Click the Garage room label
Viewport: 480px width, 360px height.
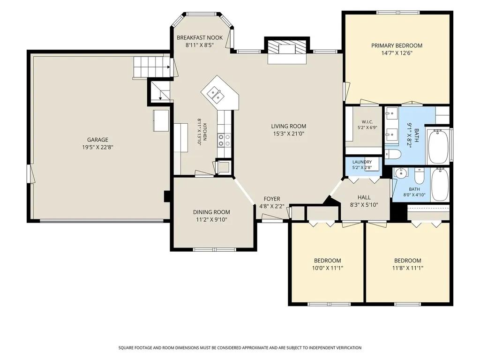(97, 140)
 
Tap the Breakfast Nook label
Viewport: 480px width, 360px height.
(200, 37)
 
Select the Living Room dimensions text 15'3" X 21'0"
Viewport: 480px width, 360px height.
(289, 134)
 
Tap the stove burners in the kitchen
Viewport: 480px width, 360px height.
(224, 140)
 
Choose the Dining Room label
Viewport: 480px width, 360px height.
(211, 212)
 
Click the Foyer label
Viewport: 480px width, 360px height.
(272, 199)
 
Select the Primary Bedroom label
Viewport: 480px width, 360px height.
(397, 45)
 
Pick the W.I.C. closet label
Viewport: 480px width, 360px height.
(367, 122)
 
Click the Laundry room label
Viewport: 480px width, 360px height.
(362, 162)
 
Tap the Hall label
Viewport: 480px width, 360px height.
(364, 197)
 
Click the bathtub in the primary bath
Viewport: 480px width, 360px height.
(439, 147)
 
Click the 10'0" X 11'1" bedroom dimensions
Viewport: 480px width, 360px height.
(328, 268)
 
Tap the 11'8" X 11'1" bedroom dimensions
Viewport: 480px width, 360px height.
(408, 268)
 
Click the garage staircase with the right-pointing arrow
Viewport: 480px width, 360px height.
(152, 67)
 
